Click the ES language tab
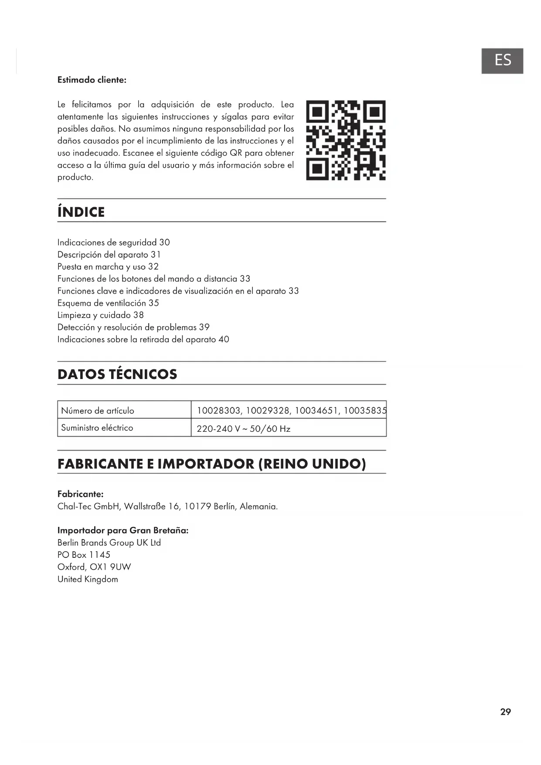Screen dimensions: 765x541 tap(502, 61)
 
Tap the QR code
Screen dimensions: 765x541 tap(346, 140)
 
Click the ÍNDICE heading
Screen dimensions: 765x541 tap(81, 212)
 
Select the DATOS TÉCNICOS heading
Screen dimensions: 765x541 tap(117, 374)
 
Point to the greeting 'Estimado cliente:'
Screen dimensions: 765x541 tap(92, 80)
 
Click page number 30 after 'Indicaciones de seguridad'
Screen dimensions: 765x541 tap(164, 242)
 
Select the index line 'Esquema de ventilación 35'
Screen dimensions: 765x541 tap(108, 303)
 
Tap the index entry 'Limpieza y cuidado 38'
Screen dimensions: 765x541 tap(100, 315)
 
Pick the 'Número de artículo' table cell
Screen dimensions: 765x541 tap(98, 410)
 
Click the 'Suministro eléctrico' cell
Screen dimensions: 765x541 tap(97, 428)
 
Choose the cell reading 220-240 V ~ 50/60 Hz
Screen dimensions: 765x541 tap(243, 429)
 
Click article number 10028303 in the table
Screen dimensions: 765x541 tap(219, 410)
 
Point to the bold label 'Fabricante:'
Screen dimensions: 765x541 tap(81, 494)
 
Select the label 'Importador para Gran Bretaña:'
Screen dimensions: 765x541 tap(123, 530)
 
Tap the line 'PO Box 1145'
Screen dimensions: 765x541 tap(84, 555)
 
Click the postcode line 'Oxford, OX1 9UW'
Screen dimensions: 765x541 tap(94, 567)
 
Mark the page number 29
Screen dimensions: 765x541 tap(505, 712)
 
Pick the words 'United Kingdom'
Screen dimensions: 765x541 tap(88, 579)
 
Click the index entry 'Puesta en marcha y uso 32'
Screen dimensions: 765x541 tap(108, 267)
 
